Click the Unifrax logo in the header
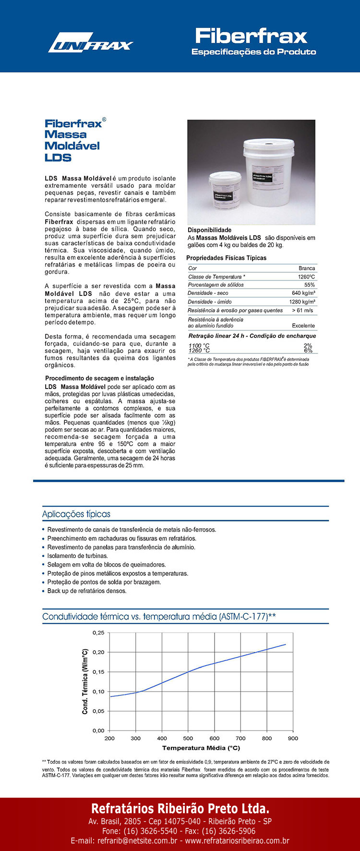click(x=90, y=43)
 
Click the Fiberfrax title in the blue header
click(x=251, y=36)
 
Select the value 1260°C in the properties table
click(x=306, y=277)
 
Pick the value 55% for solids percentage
click(x=310, y=285)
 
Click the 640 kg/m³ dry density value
click(x=303, y=293)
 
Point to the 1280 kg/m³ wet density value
click(x=302, y=302)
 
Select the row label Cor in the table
click(x=192, y=268)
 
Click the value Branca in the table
click(x=307, y=268)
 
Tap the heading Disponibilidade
click(x=209, y=230)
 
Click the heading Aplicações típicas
click(x=76, y=514)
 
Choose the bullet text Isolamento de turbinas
click(x=77, y=556)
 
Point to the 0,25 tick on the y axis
click(x=98, y=633)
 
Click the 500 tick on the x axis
click(x=188, y=738)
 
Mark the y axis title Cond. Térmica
click(x=85, y=681)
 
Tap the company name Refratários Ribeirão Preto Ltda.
click(x=180, y=807)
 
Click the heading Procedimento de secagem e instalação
click(x=99, y=378)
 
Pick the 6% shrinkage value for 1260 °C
click(x=308, y=351)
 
